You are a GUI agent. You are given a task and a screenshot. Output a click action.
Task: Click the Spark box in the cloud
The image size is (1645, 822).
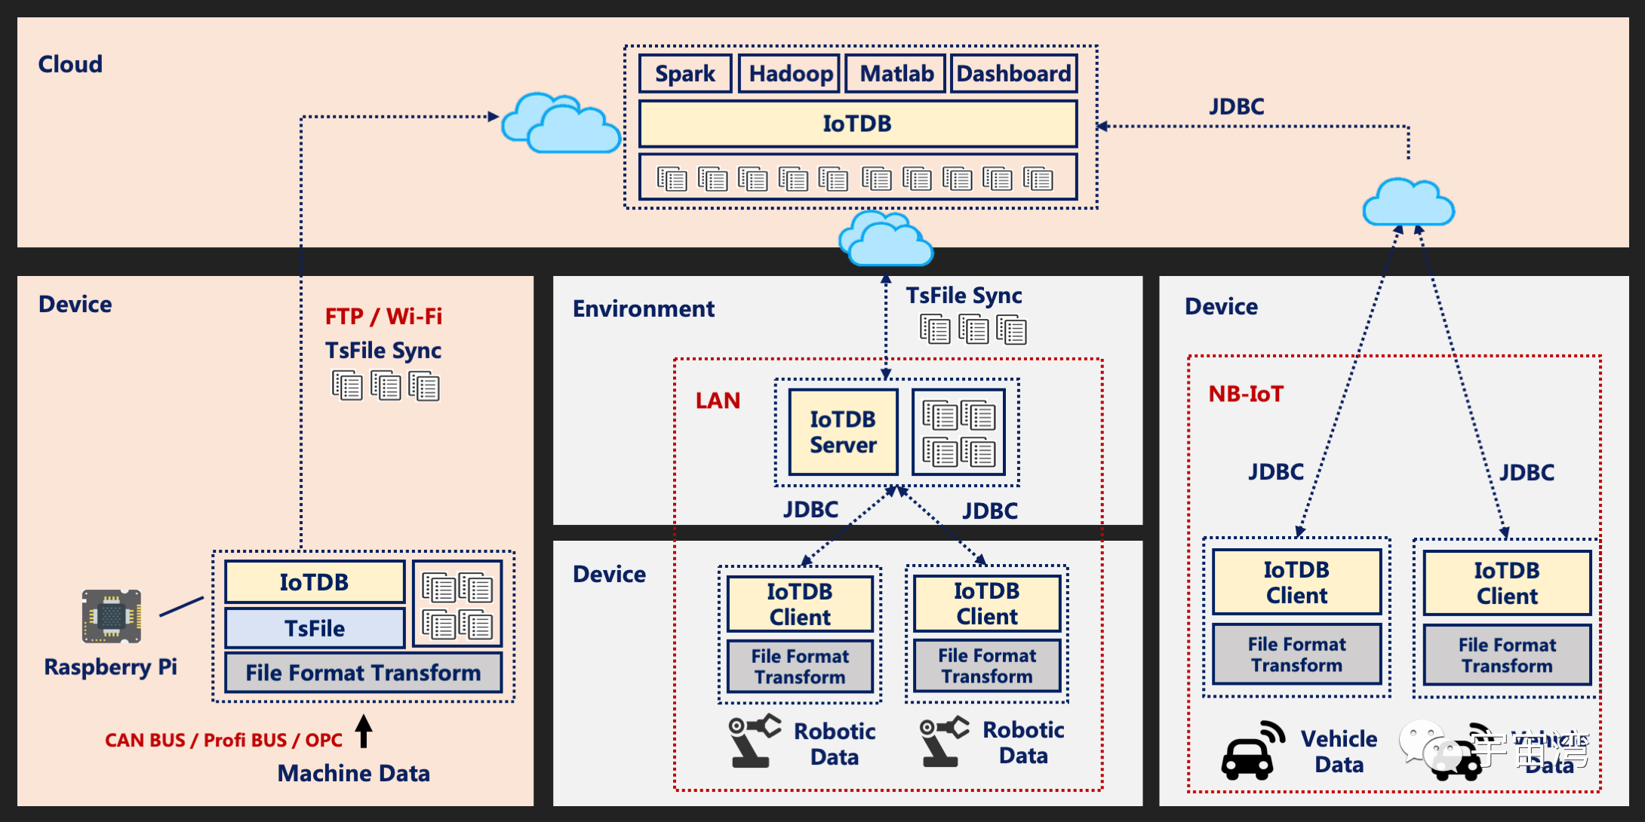coord(685,74)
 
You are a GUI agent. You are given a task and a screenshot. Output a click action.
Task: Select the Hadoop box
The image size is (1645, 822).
coord(789,74)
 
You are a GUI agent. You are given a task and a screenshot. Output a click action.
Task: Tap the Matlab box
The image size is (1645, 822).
coord(896,74)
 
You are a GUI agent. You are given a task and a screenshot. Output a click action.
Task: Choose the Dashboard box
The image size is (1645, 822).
coord(1013,74)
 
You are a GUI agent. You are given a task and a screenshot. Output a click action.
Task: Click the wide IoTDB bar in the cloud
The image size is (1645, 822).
coord(857,124)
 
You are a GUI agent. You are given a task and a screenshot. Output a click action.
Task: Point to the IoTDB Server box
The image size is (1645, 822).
coord(843,432)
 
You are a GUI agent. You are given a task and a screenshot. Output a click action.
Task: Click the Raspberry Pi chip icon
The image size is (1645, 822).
coord(112,616)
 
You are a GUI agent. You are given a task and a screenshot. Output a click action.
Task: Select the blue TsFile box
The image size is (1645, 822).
coord(315,628)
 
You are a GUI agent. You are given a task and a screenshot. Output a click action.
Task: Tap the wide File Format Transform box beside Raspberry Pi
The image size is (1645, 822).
coord(363,673)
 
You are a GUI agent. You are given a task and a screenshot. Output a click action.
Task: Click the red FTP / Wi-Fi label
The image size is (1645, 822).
coord(383,316)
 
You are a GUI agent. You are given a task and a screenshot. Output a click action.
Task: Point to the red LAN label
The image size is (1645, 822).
coord(718,400)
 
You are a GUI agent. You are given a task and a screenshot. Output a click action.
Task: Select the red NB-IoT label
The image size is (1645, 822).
coord(1246,394)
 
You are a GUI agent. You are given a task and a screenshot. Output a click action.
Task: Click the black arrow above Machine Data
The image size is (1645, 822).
coord(364,731)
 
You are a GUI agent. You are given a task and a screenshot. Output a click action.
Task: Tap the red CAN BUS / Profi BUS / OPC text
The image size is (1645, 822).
coord(223,740)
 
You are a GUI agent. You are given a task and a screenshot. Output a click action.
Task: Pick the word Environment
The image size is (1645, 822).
coord(643,308)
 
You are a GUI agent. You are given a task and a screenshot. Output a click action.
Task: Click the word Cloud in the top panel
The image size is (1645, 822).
coord(70,64)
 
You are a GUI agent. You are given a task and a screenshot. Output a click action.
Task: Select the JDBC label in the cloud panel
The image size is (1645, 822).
coord(1236,106)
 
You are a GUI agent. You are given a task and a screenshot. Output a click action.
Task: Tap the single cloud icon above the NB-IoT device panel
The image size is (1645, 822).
coord(1408,203)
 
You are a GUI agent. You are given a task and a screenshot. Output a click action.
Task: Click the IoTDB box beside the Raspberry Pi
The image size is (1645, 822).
coord(315,582)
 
